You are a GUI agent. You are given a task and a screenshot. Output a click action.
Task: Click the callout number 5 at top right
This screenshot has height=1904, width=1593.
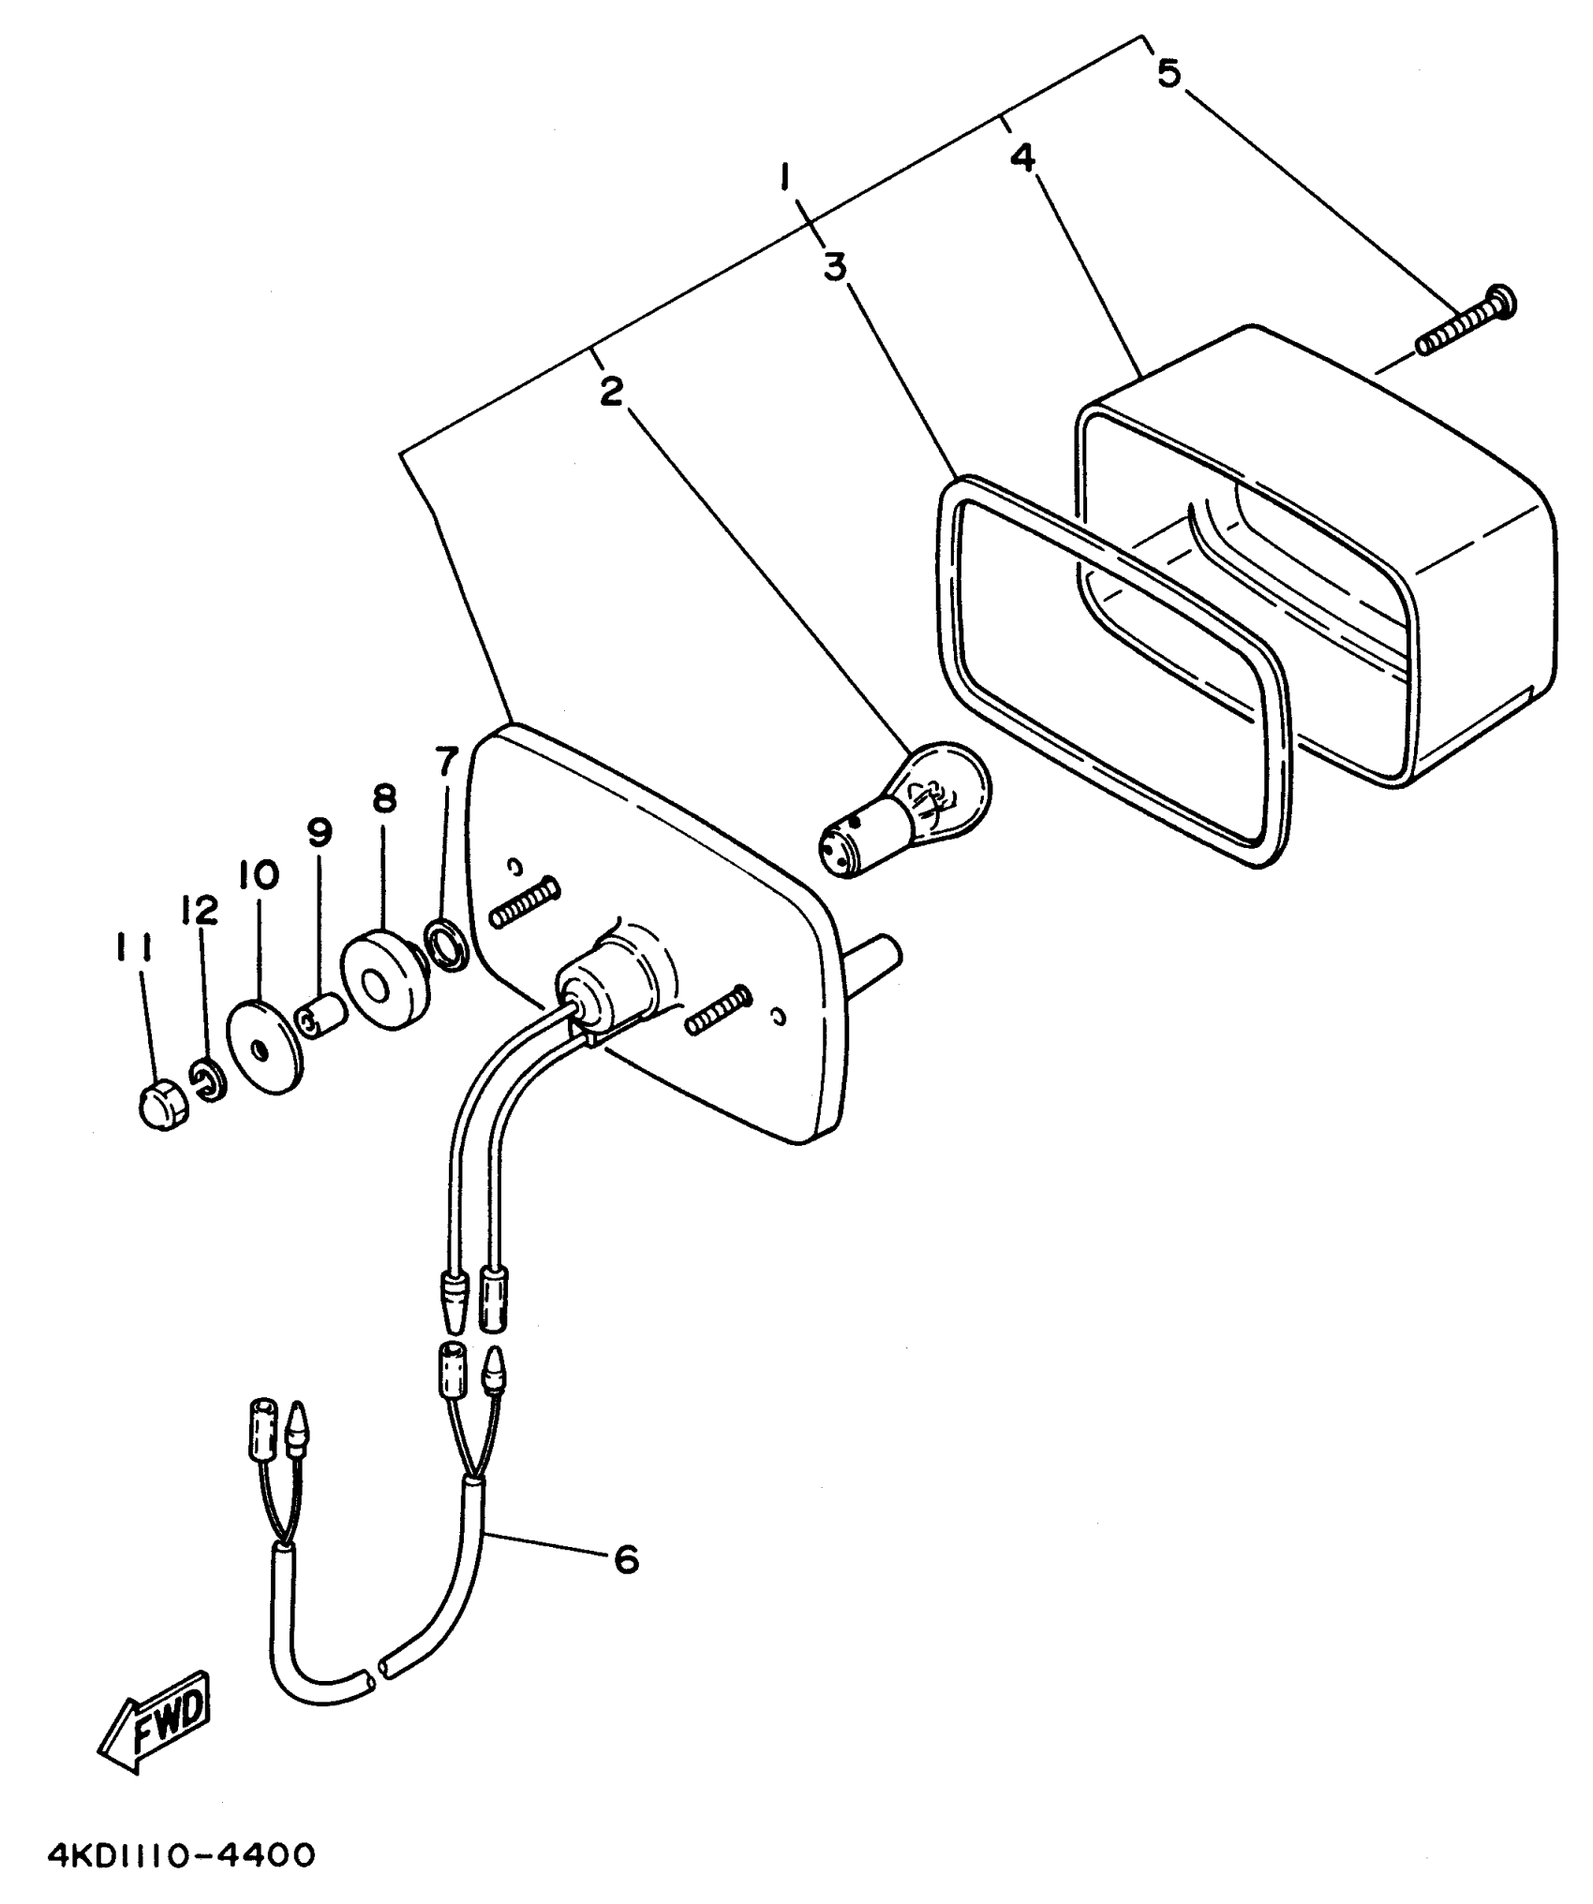(1168, 73)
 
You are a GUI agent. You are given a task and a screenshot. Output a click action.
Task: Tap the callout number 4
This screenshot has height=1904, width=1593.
(1023, 157)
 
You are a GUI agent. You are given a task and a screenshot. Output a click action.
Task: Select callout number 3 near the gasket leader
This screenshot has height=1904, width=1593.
(835, 267)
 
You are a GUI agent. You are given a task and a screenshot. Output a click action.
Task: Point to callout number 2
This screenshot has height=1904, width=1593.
(611, 392)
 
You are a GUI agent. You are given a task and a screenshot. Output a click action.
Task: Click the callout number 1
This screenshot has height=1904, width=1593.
(787, 175)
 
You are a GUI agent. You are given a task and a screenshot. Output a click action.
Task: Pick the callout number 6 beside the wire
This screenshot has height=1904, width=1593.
(626, 1559)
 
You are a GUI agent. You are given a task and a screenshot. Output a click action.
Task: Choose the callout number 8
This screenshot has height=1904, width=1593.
(383, 799)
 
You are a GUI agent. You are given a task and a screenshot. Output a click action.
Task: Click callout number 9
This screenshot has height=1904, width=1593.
(320, 830)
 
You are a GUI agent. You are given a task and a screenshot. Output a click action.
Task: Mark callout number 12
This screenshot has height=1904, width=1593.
(201, 908)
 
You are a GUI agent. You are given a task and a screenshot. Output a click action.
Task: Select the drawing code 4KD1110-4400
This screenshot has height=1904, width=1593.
(181, 1854)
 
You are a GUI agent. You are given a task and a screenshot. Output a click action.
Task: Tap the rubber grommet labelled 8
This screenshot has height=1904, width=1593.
(383, 979)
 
